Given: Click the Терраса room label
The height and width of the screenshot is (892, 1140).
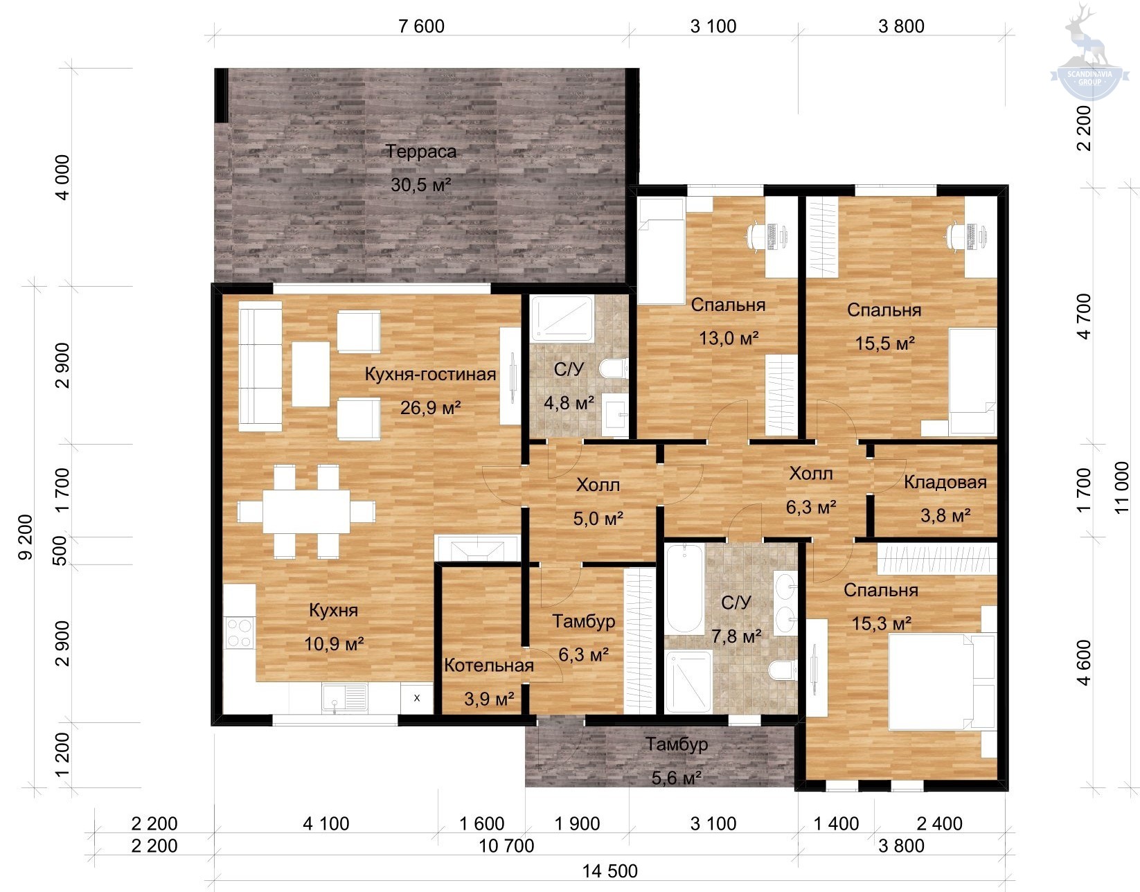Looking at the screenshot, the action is click(x=421, y=152).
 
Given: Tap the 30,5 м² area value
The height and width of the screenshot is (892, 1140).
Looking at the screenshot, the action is click(x=421, y=185).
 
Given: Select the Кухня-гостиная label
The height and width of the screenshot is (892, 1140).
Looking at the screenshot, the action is click(x=430, y=375).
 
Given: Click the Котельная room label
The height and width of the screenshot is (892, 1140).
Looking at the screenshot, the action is click(x=489, y=666).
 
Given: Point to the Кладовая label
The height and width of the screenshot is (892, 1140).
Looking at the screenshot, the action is click(x=945, y=482).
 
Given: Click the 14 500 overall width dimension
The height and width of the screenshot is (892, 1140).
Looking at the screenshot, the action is click(x=610, y=871).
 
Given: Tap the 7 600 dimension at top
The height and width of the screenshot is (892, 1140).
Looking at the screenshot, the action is click(x=421, y=26).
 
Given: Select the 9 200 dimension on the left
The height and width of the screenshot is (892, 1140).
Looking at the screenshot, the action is click(x=26, y=537).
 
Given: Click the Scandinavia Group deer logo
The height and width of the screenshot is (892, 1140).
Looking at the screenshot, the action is click(x=1089, y=53).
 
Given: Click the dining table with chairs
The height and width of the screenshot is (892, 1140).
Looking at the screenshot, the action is click(x=306, y=511).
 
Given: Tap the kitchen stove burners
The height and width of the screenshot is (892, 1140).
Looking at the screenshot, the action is click(x=239, y=633).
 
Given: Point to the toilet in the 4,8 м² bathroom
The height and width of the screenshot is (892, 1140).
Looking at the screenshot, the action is click(x=613, y=368).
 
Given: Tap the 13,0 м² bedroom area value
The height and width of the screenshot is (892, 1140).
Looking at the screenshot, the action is click(x=729, y=338).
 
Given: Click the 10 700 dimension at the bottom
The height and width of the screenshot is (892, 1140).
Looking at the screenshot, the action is click(x=507, y=846).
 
